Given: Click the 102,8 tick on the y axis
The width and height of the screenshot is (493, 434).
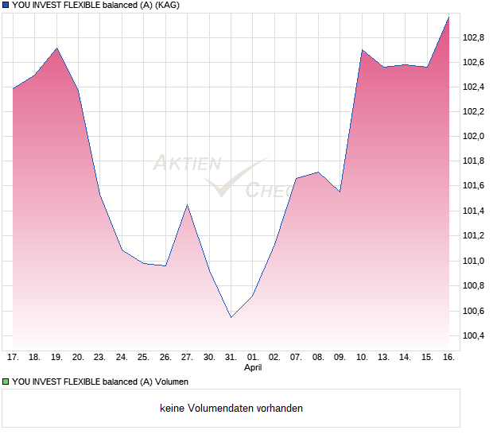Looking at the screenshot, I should tap(474, 37).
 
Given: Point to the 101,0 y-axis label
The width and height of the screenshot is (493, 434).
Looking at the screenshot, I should tap(474, 261).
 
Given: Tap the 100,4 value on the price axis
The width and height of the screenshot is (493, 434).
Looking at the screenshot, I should tap(474, 335).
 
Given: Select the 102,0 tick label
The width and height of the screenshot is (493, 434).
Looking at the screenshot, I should tap(474, 136).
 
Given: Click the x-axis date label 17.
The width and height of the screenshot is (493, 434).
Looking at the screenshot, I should tap(13, 358).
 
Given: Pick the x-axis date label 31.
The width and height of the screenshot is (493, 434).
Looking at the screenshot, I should tap(231, 358).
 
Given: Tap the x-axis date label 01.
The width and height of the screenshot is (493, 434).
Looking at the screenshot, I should tap(253, 358).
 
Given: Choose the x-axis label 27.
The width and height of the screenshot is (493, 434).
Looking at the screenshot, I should tap(187, 358).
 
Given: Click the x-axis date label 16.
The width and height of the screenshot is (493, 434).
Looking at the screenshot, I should tap(448, 358).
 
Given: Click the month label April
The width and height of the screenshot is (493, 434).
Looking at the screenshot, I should tap(253, 368).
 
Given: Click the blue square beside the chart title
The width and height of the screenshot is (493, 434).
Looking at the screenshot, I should tap(6, 6).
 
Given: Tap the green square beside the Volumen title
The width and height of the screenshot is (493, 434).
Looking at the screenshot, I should tap(6, 382).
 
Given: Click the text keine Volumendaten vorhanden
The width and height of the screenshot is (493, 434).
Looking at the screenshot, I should tap(231, 409).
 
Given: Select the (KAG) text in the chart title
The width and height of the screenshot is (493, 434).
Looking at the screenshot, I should tap(167, 6).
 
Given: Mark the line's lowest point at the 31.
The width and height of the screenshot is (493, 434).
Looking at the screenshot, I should tap(231, 318).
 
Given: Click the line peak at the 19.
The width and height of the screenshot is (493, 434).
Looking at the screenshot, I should tap(56, 48).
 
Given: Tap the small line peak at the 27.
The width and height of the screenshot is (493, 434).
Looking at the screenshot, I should tap(187, 205).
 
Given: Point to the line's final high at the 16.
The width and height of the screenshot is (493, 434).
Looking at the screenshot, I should tap(449, 17).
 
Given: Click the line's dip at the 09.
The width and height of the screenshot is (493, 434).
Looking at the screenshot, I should tap(340, 192).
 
